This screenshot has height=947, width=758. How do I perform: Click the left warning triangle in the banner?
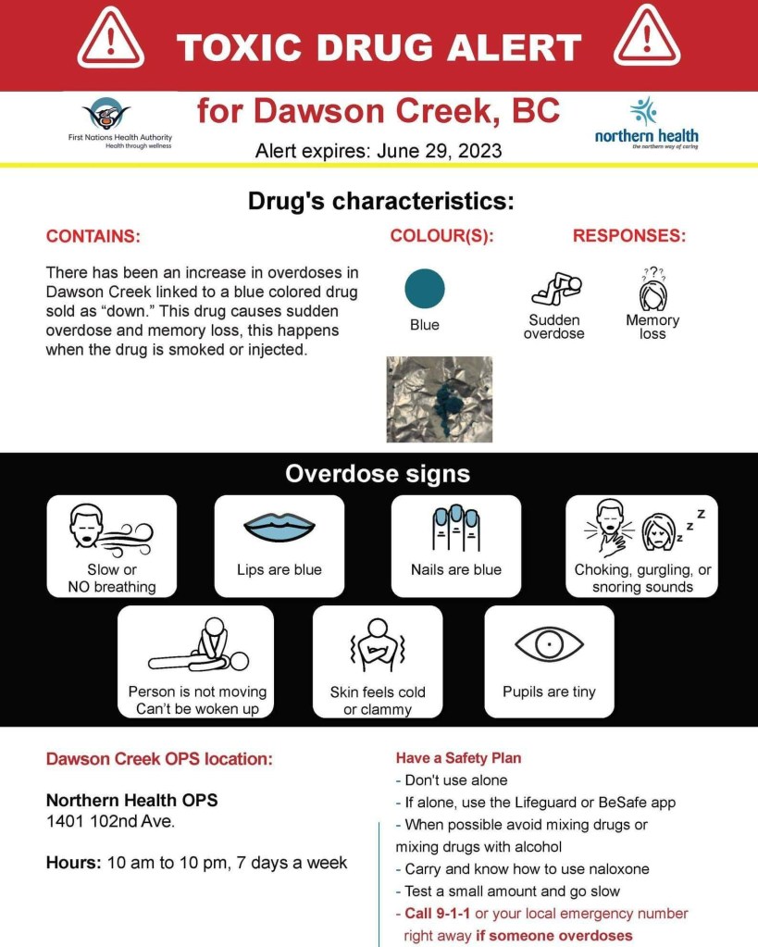pyautogui.click(x=110, y=41)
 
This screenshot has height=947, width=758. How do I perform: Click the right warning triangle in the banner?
pyautogui.click(x=646, y=41)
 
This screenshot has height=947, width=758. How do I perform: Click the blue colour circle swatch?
pyautogui.click(x=425, y=289)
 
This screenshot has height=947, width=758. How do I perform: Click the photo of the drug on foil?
pyautogui.click(x=439, y=399)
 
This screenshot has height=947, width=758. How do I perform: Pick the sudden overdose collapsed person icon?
pyautogui.click(x=555, y=289)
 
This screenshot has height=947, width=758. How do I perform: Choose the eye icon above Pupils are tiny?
pyautogui.click(x=549, y=644)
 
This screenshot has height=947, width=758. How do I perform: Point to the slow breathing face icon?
pyautogui.click(x=109, y=531)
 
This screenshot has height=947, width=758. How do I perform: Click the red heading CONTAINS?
pyautogui.click(x=93, y=236)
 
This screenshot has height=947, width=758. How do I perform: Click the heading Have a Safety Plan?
pyautogui.click(x=458, y=758)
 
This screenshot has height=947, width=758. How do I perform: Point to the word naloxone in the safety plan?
pyautogui.click(x=617, y=869)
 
